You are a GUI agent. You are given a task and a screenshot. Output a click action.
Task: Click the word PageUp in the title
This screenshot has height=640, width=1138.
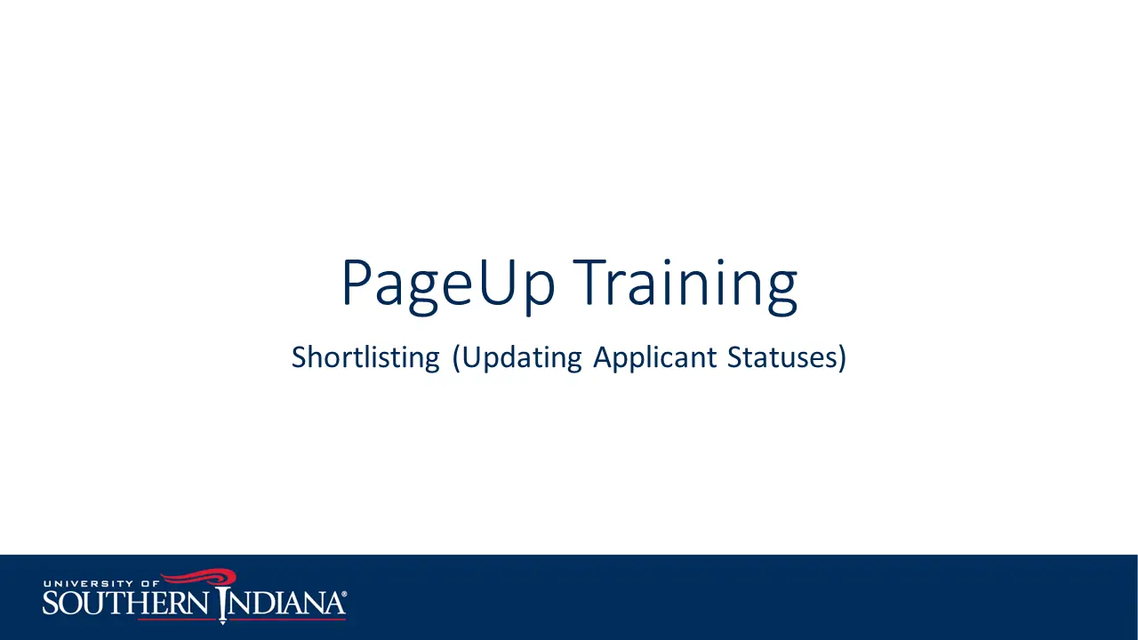[x=449, y=285]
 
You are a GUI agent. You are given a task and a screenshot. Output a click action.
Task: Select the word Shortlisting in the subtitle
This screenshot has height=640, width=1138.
[x=365, y=357]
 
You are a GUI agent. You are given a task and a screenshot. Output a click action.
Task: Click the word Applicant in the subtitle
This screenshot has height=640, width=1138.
[x=655, y=358]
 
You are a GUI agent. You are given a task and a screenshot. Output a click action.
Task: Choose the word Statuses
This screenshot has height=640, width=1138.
[x=781, y=357]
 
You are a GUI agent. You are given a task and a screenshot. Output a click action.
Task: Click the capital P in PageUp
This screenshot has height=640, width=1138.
[x=358, y=282]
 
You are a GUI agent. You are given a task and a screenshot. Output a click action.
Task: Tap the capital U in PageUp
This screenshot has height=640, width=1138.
[x=495, y=282]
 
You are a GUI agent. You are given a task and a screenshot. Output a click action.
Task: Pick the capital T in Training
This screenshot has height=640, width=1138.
[x=589, y=282]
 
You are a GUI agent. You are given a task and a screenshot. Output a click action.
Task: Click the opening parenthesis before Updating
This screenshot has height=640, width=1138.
[x=456, y=358]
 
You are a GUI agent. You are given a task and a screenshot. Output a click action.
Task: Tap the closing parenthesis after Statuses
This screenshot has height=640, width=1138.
[x=842, y=358]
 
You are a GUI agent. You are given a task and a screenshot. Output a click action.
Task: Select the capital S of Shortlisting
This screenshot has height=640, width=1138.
[x=300, y=357]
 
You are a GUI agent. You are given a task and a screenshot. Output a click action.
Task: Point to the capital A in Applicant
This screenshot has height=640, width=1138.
[x=605, y=357]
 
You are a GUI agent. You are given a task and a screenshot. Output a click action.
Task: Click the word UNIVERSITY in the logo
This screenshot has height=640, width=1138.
[x=88, y=584]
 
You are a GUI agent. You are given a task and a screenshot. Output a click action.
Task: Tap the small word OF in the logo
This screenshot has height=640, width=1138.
[x=150, y=584]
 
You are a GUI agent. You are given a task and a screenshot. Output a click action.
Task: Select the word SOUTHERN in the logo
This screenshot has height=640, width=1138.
[x=125, y=604]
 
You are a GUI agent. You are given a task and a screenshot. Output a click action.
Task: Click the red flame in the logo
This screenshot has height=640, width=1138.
[x=199, y=578]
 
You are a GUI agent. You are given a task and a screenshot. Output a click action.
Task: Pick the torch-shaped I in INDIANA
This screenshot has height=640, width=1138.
[x=222, y=605]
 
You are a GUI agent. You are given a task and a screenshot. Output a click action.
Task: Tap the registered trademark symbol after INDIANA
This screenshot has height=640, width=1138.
[x=344, y=594]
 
